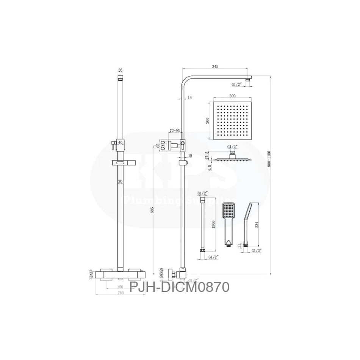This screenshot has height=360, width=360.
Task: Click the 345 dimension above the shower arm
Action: coord(215,67)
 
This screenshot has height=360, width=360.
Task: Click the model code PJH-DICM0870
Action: coord(179,286)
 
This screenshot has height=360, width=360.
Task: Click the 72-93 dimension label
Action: coord(175,130)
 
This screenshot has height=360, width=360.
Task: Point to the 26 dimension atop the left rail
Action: coord(120,70)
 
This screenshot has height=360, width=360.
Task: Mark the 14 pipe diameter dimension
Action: coord(189,97)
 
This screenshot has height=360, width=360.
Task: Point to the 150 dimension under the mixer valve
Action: coord(120,286)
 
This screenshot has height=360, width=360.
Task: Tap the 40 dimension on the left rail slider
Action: coord(120,142)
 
